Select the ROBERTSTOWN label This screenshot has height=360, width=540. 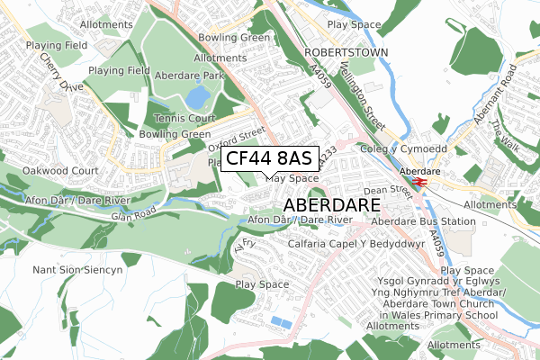tap(346, 53)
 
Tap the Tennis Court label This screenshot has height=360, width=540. tap(184, 118)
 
